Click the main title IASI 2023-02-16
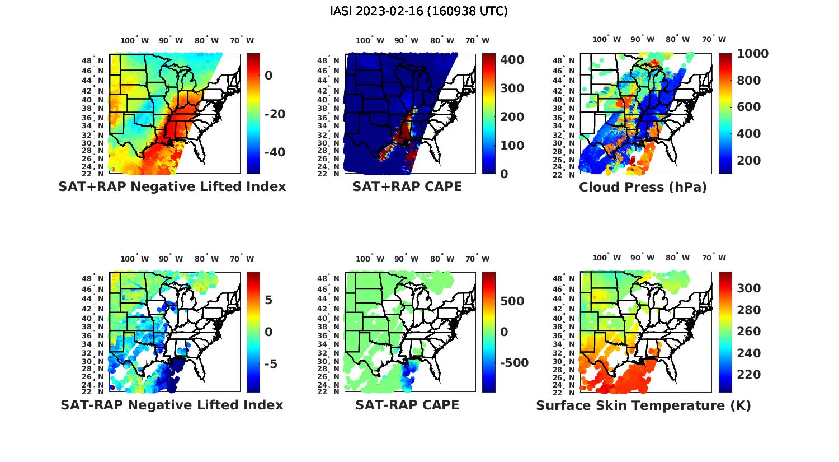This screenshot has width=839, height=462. (x=419, y=11)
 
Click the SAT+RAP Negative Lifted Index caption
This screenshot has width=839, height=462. (x=172, y=187)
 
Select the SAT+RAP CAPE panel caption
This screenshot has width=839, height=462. (x=407, y=187)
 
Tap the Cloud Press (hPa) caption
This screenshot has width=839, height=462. (x=643, y=187)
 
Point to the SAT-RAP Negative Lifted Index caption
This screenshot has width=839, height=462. (x=172, y=405)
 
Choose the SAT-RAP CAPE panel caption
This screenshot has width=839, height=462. (x=407, y=405)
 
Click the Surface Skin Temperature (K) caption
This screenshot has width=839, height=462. (x=643, y=405)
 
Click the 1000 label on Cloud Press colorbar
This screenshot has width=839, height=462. (x=752, y=54)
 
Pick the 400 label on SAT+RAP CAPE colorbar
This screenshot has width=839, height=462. (x=512, y=60)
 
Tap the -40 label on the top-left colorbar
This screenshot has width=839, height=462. (x=275, y=152)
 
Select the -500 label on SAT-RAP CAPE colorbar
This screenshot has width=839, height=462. (x=513, y=363)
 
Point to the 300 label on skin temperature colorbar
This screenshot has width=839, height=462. (x=748, y=288)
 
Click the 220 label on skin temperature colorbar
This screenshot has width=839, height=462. (x=748, y=375)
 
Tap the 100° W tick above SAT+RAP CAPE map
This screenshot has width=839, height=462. (x=370, y=40)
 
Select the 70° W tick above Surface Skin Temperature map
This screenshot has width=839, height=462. (x=714, y=259)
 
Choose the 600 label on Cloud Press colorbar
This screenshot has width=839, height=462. (x=748, y=107)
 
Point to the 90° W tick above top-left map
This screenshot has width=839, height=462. (x=171, y=40)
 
